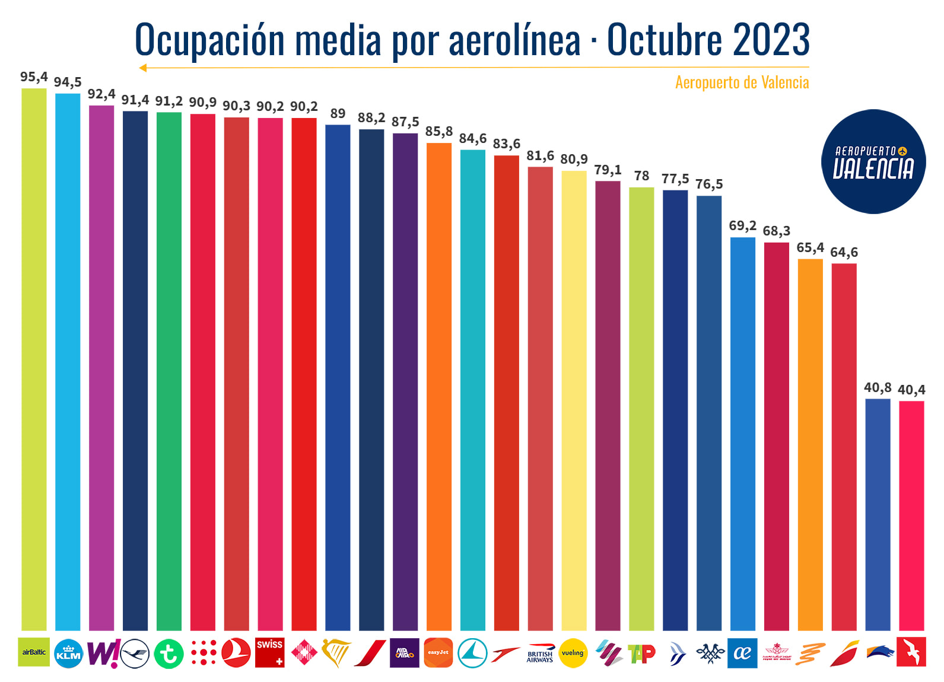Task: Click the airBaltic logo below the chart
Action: click(x=34, y=652)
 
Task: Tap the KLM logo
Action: click(x=68, y=654)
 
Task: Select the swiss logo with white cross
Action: click(x=270, y=652)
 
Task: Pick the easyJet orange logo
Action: click(x=438, y=652)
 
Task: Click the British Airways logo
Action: click(x=540, y=654)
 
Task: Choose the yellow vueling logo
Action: click(x=573, y=653)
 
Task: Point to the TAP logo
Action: click(x=641, y=654)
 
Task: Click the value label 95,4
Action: click(x=34, y=77)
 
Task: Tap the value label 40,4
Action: click(x=911, y=390)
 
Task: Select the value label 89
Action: click(x=338, y=113)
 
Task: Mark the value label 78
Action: click(x=641, y=176)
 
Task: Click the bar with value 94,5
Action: click(x=68, y=362)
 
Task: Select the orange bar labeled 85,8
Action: click(x=439, y=385)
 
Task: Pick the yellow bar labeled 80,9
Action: click(x=574, y=400)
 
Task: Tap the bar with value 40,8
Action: click(x=878, y=514)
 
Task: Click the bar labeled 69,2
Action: click(x=742, y=433)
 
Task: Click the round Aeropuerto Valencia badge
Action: click(x=873, y=161)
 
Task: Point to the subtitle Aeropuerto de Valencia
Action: click(x=742, y=82)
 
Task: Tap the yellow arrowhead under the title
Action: click(x=142, y=68)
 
